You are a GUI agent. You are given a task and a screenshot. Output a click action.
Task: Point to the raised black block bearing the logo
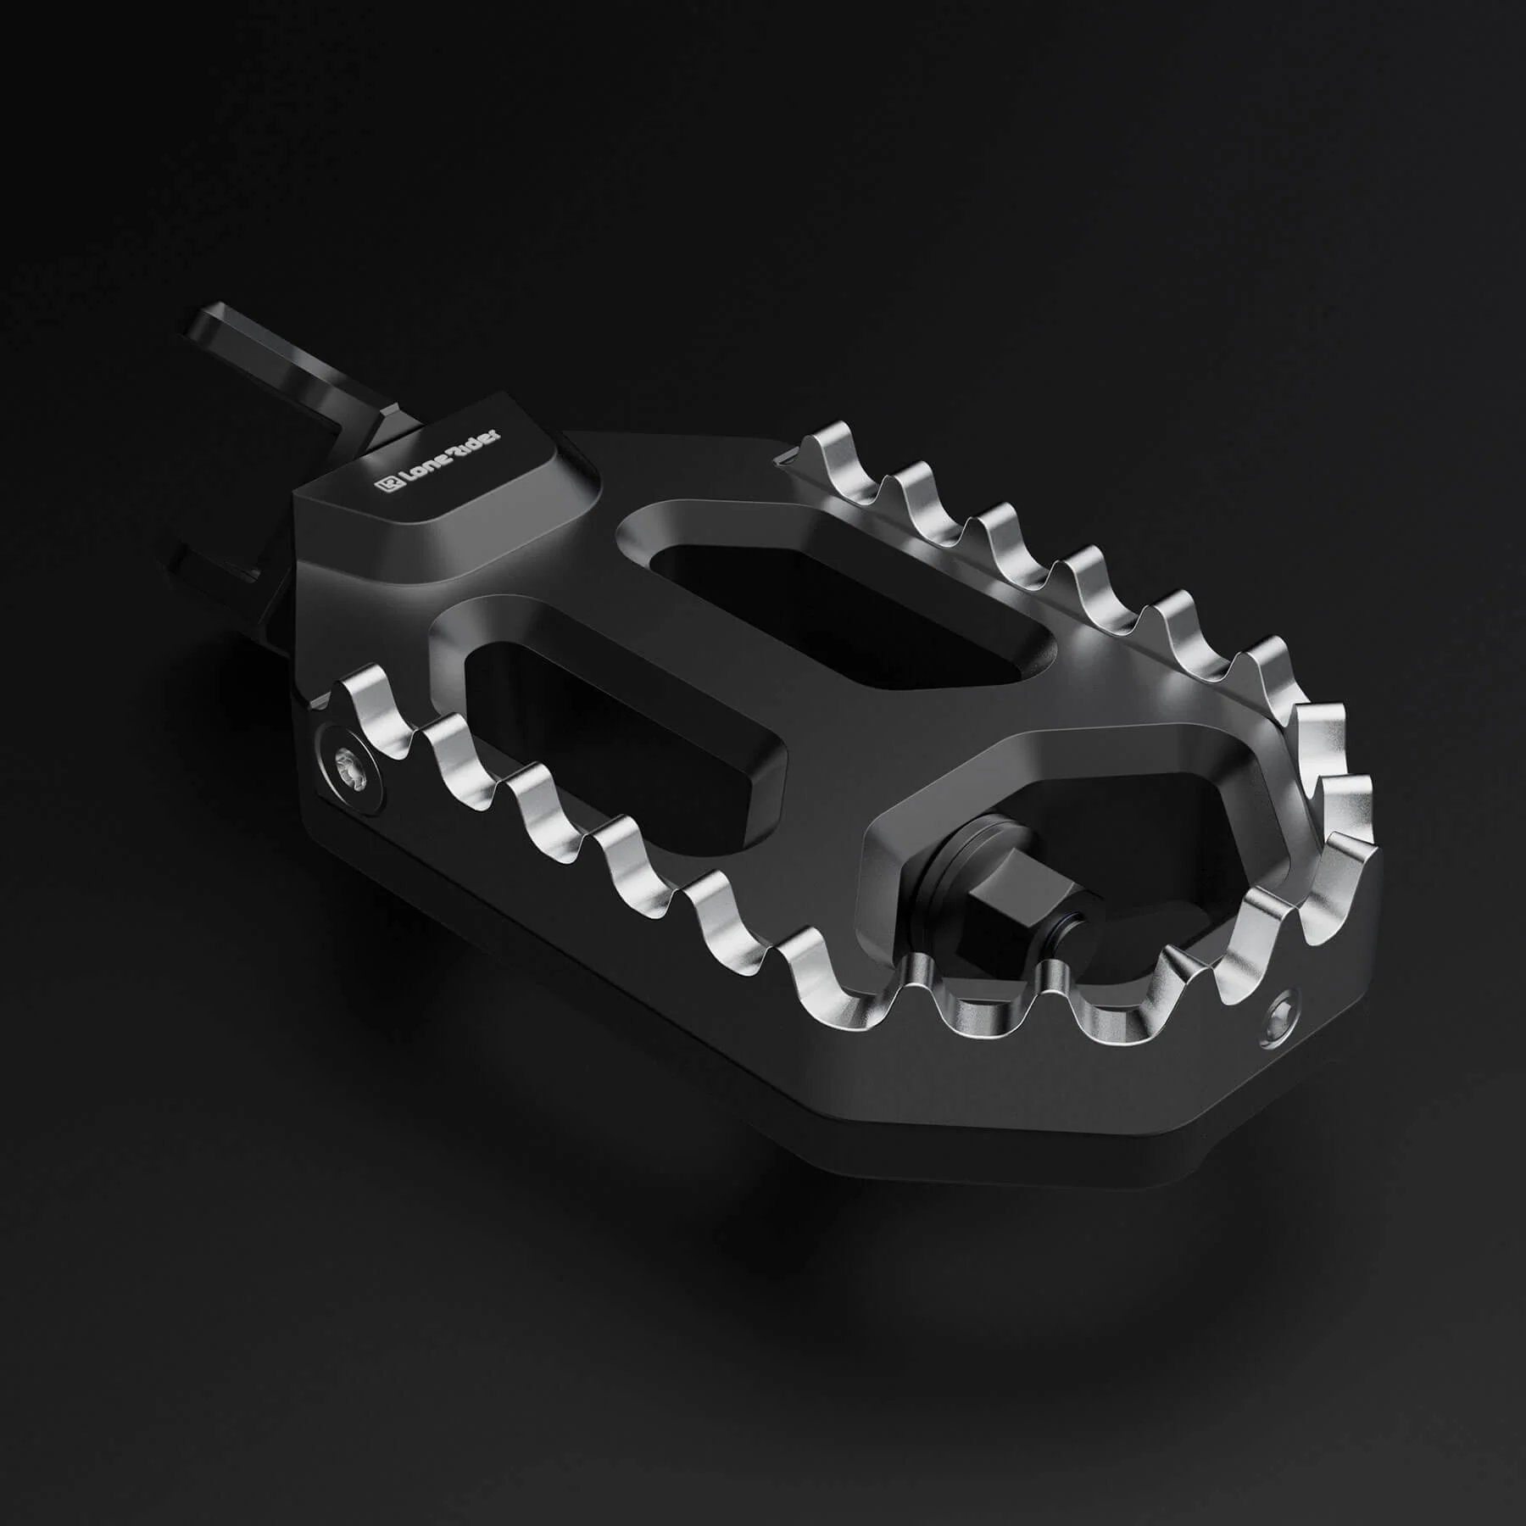point(441,509)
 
